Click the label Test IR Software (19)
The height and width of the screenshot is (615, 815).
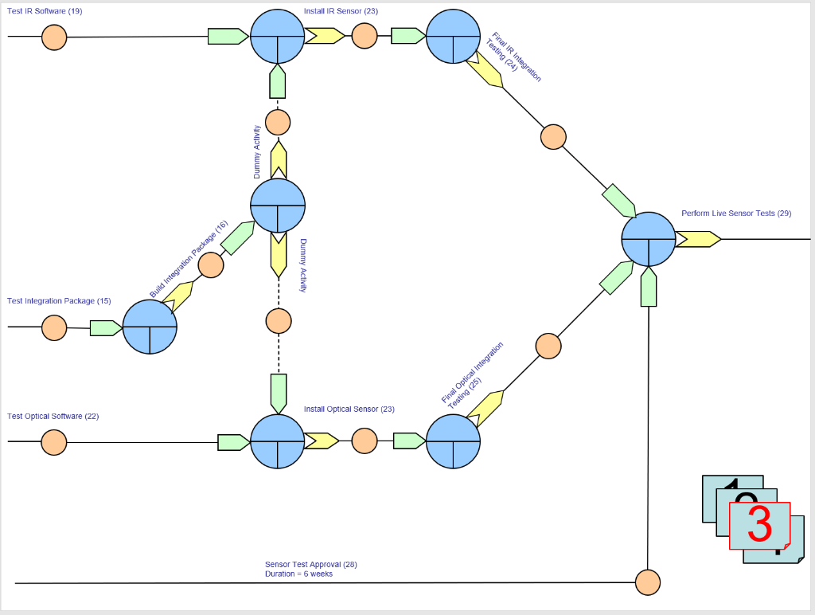pos(45,11)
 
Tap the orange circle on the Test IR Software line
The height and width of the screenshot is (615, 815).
pos(54,37)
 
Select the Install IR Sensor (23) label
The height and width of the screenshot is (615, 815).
pos(341,11)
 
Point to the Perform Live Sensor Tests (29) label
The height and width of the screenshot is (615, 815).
pos(736,213)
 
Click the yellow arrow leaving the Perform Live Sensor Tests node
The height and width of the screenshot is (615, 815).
pos(698,239)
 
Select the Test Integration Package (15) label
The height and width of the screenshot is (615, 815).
pos(59,301)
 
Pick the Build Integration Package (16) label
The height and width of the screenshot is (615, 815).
pos(189,260)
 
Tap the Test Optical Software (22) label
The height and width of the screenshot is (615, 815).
pos(53,417)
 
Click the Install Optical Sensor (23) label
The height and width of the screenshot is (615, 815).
pos(349,409)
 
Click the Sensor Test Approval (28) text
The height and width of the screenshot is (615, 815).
pos(311,565)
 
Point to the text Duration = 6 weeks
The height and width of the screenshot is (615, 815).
pos(298,574)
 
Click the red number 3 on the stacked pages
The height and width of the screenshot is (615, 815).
pos(759,525)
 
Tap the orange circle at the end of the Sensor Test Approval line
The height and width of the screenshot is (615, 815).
pos(648,582)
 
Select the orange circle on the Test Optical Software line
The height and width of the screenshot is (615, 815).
pos(54,442)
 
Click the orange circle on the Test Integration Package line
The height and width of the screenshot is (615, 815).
pos(54,327)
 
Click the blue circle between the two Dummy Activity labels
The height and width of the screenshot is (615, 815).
pos(278,206)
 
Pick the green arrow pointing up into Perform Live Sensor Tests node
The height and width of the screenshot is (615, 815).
pos(649,287)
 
